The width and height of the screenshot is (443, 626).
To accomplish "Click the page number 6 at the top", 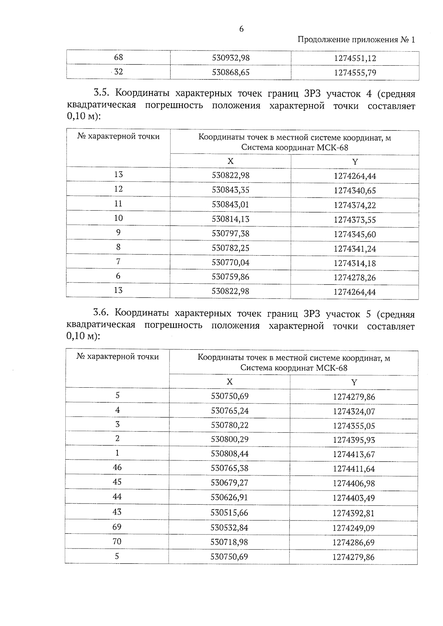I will click(241, 29).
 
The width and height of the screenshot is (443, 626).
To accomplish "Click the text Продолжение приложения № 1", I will click(356, 40).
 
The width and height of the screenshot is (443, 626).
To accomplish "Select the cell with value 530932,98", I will click(231, 58).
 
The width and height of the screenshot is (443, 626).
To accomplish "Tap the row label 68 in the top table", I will click(119, 58).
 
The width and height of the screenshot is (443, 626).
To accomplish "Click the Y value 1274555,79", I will click(355, 73).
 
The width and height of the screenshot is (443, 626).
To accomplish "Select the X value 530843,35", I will click(230, 190).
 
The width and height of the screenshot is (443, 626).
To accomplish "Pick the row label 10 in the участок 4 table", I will click(118, 218).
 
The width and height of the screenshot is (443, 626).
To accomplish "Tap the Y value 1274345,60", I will click(355, 234).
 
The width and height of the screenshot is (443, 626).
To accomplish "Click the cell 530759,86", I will click(230, 277).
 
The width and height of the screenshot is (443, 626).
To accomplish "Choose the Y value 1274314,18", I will click(355, 263).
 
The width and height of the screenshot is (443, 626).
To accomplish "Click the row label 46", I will click(117, 467).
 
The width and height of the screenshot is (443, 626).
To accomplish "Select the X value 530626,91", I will click(229, 497).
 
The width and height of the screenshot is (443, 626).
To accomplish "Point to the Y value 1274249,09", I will click(354, 528).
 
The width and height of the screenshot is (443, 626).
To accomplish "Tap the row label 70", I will click(117, 542).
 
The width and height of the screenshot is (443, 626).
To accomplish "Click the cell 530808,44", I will click(230, 453).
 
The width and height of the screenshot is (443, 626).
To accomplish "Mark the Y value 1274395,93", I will click(354, 440).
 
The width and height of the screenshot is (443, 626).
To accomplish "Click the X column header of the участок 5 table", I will click(230, 381).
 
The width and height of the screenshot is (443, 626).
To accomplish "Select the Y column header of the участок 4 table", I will click(355, 162).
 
